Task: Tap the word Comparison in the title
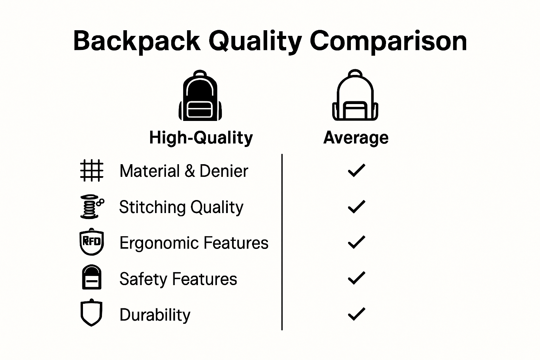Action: pos(388,41)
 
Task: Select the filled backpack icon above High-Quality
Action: pos(200,96)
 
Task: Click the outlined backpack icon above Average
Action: pos(355,96)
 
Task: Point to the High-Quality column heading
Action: pos(201,137)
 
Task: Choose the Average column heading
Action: pos(356,137)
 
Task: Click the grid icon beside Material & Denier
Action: pos(92,171)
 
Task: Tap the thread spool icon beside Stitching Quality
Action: pos(92,207)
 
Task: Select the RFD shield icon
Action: pos(92,242)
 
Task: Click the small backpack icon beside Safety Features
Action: pos(92,277)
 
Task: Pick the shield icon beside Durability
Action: pos(91,313)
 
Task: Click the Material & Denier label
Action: pos(184,171)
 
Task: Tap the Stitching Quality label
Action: pos(181,207)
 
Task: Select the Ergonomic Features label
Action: pos(194,243)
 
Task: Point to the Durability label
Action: pos(155,315)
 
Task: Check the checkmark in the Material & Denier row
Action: pos(356,171)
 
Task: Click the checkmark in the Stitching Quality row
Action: pos(356,207)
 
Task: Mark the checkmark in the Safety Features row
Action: pos(356,278)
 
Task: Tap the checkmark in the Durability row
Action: pos(356,314)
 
